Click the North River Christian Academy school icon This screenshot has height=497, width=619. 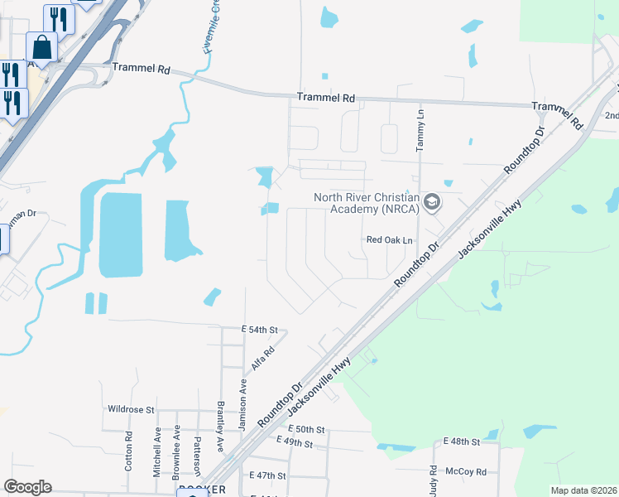click(431, 202)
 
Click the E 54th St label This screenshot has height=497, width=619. click(258, 330)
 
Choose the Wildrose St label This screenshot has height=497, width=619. click(131, 409)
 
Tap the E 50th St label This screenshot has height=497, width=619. click(309, 430)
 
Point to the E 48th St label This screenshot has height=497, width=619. click(461, 442)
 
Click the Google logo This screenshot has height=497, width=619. click(27, 487)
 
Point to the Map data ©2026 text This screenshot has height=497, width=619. click(583, 490)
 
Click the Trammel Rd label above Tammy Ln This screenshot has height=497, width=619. click(326, 98)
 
